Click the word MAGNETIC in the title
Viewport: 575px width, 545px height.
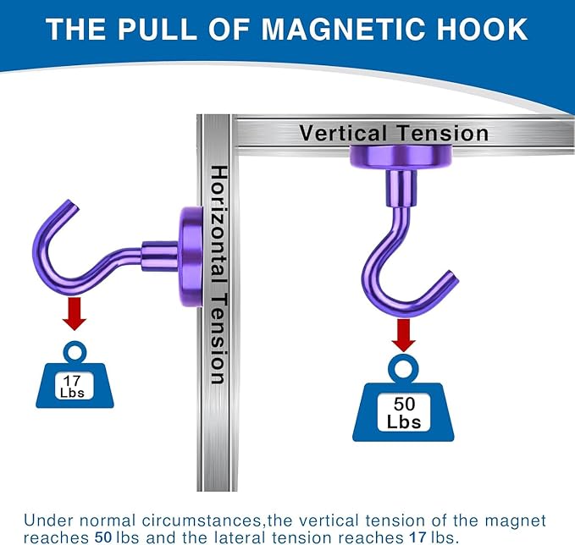[x=345, y=29]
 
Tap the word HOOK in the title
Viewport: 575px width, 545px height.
[x=482, y=29]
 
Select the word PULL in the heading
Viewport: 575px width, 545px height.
[x=158, y=29]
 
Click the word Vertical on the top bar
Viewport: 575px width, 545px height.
[x=343, y=133]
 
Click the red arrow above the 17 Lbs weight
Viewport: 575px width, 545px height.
[x=75, y=314]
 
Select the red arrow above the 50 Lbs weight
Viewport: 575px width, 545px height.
[x=403, y=335]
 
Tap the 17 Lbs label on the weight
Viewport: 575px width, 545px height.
[x=72, y=386]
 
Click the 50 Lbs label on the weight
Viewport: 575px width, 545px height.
[x=404, y=413]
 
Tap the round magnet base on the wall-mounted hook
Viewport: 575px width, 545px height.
[x=191, y=256]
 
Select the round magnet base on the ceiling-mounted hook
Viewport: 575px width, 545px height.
[x=401, y=157]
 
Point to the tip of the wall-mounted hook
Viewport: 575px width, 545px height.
[x=73, y=203]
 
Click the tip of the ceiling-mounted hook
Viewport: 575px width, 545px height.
[x=453, y=276]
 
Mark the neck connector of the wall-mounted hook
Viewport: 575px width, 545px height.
[x=160, y=256]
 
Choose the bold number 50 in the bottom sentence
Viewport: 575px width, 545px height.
[x=103, y=537]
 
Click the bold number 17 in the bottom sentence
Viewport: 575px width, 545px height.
[x=417, y=537]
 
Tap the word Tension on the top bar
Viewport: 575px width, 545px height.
[x=443, y=133]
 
